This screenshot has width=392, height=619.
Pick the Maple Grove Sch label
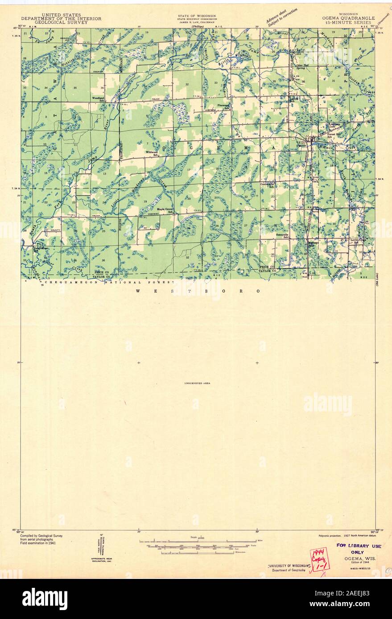165,210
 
